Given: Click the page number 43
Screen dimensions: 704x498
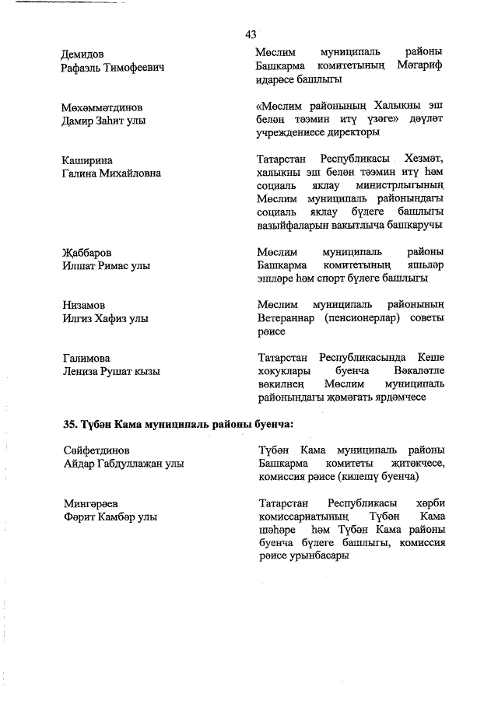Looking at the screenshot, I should coord(251,33).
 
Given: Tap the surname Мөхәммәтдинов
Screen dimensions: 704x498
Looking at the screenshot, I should coord(103,107).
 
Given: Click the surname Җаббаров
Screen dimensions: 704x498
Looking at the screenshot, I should coord(87,253).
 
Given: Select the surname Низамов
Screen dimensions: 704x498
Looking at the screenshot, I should coord(84,306).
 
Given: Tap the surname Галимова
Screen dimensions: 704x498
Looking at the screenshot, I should coord(86,359).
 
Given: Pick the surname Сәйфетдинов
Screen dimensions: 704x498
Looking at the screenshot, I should coord(96,450).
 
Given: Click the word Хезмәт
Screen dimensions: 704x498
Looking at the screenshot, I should coord(423,160).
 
